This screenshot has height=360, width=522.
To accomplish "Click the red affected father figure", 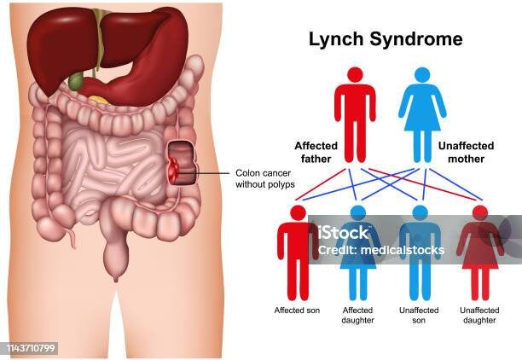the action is tap(355, 111).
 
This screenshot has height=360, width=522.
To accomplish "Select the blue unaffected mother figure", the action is tap(422, 111).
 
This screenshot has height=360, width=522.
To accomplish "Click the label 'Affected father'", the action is tap(316, 152).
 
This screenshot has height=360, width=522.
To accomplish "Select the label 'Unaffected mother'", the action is tap(461, 152).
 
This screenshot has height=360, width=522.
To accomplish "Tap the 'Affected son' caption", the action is tap(297, 310).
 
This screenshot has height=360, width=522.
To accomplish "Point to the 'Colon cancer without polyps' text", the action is tap(265, 177).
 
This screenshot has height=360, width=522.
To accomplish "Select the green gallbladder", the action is tap(77, 83).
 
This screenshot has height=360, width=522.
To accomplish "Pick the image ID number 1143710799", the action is tap(31, 348).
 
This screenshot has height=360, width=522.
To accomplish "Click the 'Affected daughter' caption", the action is tap(358, 315).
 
